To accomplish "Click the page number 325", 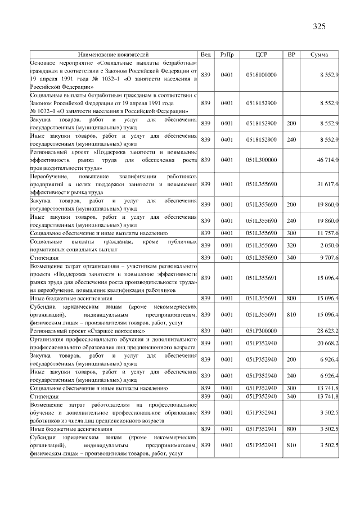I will tap(319, 26).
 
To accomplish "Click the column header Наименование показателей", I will tap(114, 55).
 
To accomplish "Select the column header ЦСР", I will tap(261, 55).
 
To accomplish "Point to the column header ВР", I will tap(291, 55).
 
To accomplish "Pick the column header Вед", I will tap(206, 55).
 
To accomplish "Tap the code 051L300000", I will tap(261, 160).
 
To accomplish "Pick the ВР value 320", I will tap(291, 245).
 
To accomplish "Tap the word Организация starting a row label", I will tap(48, 339).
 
